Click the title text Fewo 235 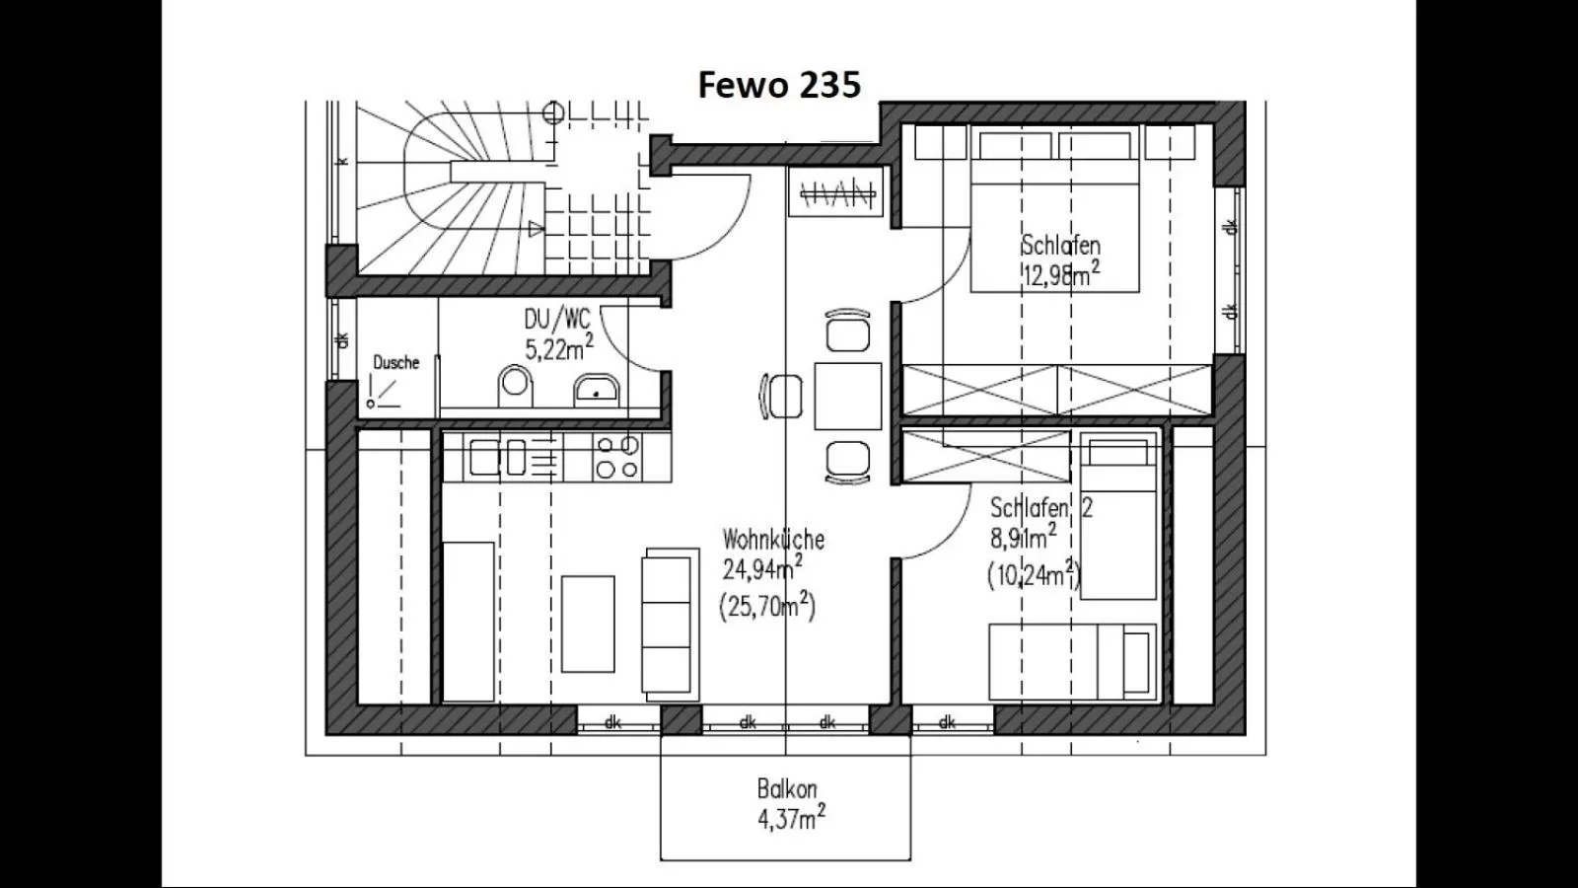point(779,85)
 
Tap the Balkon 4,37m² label point(789,804)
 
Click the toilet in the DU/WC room point(515,385)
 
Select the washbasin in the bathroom point(596,390)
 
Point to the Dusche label point(395,363)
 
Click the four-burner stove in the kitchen point(617,458)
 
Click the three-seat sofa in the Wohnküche point(666,625)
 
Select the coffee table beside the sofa point(588,624)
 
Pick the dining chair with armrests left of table point(782,397)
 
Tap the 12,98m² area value point(1060,275)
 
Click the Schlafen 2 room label point(1040,508)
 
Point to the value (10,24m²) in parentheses point(1034,574)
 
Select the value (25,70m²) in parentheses point(767,605)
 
